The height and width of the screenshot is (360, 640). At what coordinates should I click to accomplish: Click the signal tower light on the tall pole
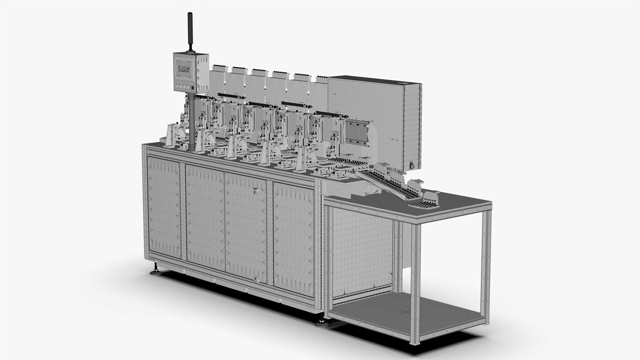click(x=190, y=31)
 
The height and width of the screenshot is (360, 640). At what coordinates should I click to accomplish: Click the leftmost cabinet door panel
click(x=164, y=207)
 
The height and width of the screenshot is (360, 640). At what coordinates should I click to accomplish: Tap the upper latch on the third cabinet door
click(x=256, y=191)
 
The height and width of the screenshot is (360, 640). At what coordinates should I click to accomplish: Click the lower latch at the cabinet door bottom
click(x=256, y=269)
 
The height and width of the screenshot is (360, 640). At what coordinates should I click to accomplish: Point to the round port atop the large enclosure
click(x=402, y=83)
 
